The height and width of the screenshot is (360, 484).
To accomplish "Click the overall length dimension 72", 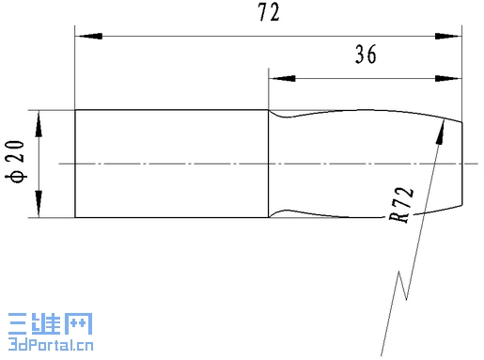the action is (269, 12).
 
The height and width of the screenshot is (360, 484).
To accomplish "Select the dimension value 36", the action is (366, 55).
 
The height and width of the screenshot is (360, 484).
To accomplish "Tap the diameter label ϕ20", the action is (15, 162).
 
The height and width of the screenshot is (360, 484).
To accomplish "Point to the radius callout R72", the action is (401, 205).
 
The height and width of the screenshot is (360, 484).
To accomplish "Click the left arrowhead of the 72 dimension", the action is (90, 36).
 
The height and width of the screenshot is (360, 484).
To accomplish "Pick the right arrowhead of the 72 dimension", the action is (446, 36).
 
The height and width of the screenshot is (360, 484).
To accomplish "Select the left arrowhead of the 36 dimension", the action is (283, 78).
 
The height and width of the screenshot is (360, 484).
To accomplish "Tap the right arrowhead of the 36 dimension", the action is (447, 78).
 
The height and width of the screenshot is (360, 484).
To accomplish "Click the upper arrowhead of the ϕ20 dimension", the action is (39, 125).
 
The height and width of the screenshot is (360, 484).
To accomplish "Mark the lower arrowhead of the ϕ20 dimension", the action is (39, 203).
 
